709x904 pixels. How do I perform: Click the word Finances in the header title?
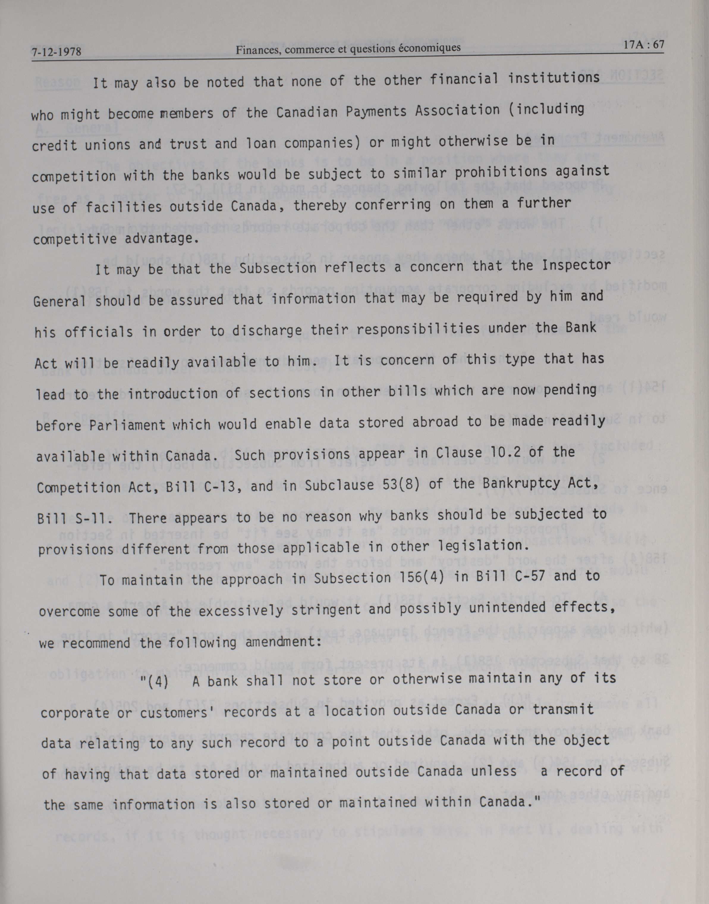click(x=254, y=50)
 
